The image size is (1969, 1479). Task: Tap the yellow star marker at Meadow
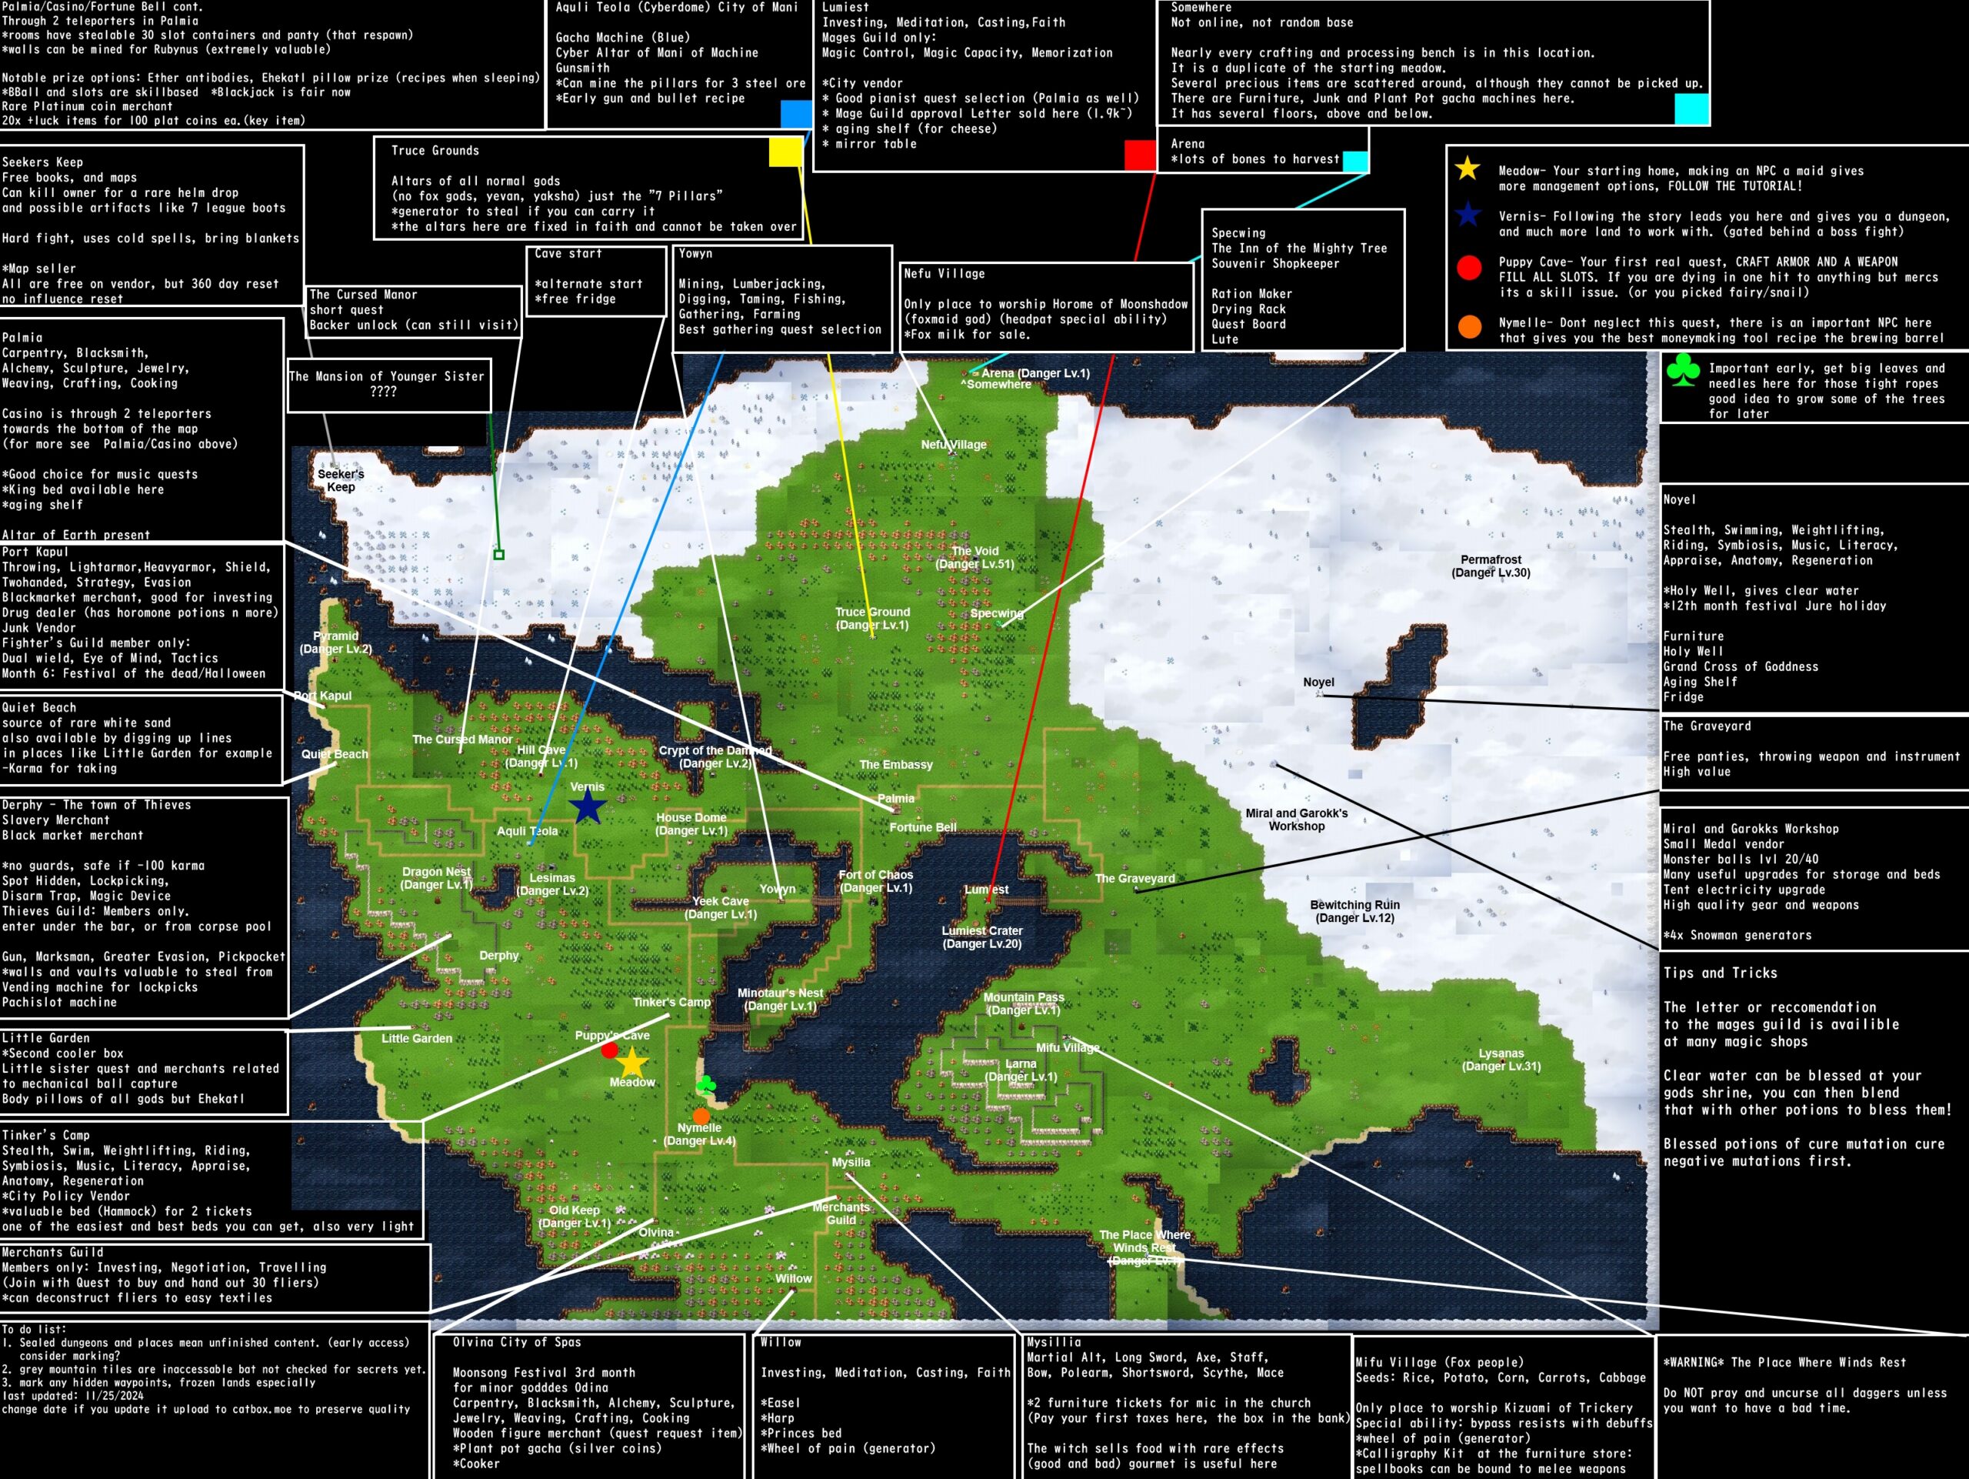coord(631,1061)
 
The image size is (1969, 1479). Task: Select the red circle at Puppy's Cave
coord(610,1050)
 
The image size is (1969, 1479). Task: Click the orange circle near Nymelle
coord(701,1116)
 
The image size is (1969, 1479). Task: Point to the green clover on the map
coord(707,1084)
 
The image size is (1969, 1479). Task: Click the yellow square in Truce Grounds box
coord(785,152)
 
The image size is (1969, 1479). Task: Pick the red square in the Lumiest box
coord(1139,154)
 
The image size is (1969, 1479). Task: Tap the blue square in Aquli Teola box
coord(796,114)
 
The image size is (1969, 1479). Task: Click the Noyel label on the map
coord(1318,682)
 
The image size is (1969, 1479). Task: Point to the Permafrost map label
coord(1491,566)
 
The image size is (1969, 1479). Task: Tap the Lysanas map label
coord(1501,1060)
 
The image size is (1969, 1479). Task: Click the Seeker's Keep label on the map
coord(341,480)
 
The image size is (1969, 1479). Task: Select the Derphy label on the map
coord(498,956)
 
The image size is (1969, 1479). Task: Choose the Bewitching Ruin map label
coord(1354,911)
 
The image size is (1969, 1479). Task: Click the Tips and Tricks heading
coord(1720,973)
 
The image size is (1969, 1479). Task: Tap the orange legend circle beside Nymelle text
coord(1470,327)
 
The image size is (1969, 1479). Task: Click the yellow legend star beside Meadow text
coord(1468,169)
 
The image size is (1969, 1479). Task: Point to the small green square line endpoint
coord(499,555)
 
